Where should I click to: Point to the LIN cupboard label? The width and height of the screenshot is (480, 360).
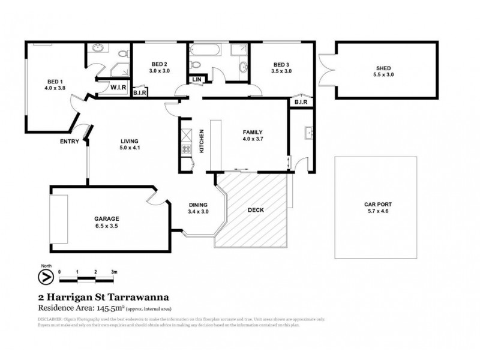pyautogui.click(x=196, y=80)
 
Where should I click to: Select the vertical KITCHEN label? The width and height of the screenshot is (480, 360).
pyautogui.click(x=202, y=142)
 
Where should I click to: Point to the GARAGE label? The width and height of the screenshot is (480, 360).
pyautogui.click(x=106, y=218)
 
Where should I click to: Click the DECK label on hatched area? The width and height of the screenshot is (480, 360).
pyautogui.click(x=256, y=210)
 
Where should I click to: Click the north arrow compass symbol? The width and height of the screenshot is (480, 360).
pyautogui.click(x=44, y=277)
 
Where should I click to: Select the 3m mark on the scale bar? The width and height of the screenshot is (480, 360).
pyautogui.click(x=113, y=272)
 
